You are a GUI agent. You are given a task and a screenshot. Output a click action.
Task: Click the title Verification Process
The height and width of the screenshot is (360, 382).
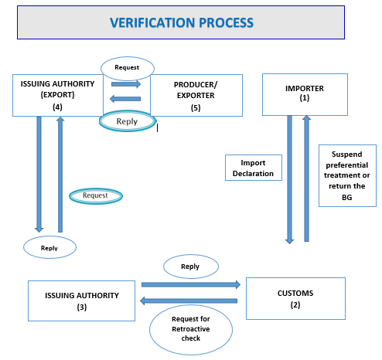point(182,22)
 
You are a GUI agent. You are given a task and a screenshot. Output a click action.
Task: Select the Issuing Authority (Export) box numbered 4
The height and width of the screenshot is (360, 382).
point(58,95)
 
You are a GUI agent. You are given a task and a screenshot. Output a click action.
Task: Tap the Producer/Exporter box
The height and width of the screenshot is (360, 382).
point(196,95)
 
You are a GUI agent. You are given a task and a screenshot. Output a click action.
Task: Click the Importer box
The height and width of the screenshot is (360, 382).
point(305,94)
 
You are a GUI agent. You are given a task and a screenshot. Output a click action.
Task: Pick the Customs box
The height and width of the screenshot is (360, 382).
point(295,298)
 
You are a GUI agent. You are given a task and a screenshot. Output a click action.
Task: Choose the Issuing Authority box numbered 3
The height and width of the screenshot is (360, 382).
point(81,301)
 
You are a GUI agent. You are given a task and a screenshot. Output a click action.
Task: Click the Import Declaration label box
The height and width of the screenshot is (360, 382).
point(254,168)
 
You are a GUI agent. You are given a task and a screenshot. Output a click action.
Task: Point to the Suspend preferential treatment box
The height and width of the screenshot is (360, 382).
point(347,175)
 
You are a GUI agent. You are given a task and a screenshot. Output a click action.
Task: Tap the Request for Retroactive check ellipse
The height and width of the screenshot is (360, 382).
point(191,330)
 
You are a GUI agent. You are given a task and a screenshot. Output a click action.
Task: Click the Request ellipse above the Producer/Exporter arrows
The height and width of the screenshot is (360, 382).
point(128,68)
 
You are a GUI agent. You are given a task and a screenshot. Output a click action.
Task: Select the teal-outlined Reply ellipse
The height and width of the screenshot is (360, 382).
point(128,121)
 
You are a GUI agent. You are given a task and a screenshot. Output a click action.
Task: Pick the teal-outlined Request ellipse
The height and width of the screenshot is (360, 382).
point(96,196)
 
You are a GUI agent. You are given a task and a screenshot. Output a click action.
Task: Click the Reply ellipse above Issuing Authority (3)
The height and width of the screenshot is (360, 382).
point(49,247)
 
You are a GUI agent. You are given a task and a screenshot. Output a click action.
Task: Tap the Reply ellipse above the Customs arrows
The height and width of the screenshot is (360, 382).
point(191,267)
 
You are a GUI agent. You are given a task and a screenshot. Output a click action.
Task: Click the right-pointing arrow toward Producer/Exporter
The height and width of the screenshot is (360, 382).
point(126,84)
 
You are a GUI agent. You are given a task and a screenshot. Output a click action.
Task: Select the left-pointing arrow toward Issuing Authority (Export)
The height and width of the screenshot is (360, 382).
point(125,99)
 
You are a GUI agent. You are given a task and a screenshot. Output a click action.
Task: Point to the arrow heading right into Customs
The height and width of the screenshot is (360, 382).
point(191,284)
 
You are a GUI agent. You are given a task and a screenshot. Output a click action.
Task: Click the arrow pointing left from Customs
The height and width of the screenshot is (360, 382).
point(189,301)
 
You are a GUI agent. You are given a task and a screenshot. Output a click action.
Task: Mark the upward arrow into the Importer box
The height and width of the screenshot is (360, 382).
point(306,178)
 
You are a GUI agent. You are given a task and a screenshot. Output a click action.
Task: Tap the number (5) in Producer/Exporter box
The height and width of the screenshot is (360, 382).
point(196,107)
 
